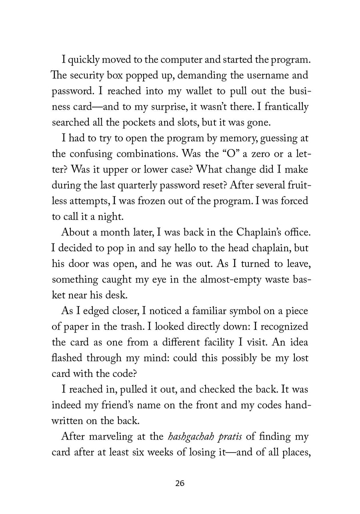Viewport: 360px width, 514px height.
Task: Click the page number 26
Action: pyautogui.click(x=180, y=484)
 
